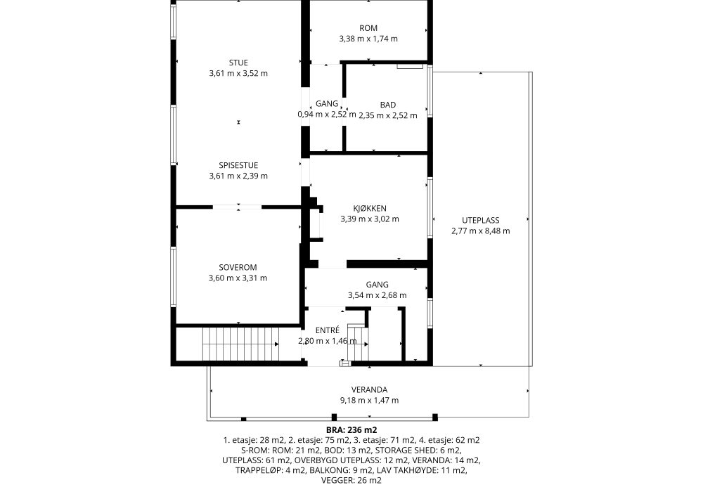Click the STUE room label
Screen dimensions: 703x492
click(238, 63)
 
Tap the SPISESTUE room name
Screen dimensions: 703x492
click(238, 165)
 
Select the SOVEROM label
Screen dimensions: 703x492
click(238, 268)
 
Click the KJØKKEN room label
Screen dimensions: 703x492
click(370, 208)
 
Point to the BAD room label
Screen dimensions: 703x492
click(388, 105)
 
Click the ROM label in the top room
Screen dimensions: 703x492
click(368, 28)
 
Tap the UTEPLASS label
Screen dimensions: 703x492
click(481, 221)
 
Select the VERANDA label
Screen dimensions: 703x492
click(369, 390)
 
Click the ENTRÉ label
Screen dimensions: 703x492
click(328, 330)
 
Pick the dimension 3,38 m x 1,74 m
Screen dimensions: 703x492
click(368, 39)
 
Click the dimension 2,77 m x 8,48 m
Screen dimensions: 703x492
click(481, 231)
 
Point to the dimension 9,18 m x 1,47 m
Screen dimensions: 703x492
click(369, 401)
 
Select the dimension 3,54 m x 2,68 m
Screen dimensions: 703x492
click(377, 295)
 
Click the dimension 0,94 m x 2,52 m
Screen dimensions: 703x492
click(327, 115)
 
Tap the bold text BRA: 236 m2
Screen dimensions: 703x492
click(351, 430)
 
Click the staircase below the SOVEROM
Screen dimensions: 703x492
click(240, 343)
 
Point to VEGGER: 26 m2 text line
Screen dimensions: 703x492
click(351, 481)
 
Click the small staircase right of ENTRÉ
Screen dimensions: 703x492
click(359, 344)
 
